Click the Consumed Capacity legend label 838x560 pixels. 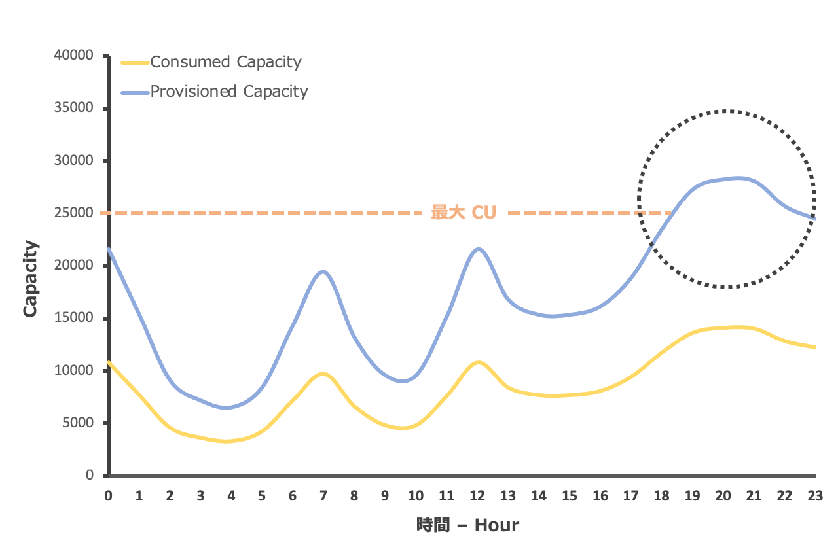coord(226,62)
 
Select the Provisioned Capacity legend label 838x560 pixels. coord(229,91)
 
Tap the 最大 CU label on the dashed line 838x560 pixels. coord(464,213)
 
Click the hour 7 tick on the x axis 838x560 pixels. coord(323,496)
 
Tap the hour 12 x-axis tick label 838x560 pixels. coord(477,496)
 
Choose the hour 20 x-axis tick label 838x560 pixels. coord(723,496)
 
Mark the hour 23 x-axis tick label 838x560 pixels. coord(815,496)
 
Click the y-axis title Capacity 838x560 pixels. coord(30,279)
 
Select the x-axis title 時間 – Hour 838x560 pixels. coord(467,525)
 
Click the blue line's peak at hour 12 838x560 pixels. coord(479,249)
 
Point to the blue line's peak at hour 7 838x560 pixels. coord(323,271)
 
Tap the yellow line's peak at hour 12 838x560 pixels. coord(479,362)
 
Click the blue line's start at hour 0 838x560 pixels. coord(109,249)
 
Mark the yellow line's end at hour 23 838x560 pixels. coord(814,347)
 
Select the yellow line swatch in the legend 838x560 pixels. coord(136,63)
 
